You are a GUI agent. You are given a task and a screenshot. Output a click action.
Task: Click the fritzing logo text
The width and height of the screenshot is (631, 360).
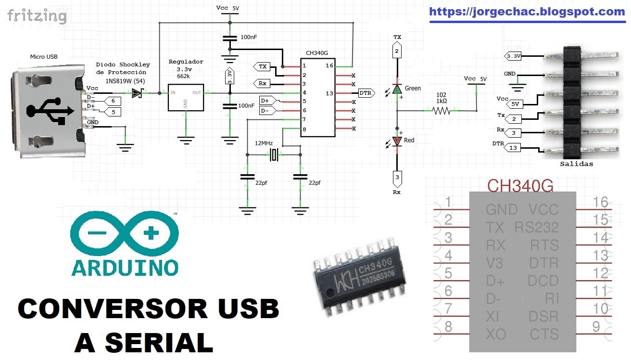(x=37, y=16)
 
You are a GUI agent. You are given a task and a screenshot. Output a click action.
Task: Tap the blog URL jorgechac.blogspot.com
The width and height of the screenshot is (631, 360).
(x=527, y=12)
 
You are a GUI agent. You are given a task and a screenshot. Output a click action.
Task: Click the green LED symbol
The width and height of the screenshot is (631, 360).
(x=397, y=89)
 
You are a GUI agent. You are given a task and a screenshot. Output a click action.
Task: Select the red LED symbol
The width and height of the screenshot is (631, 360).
(x=397, y=141)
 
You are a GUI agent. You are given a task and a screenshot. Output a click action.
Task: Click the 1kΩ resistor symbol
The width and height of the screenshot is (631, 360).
(x=441, y=111)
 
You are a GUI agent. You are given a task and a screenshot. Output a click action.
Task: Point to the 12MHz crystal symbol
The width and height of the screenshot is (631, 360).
(x=274, y=154)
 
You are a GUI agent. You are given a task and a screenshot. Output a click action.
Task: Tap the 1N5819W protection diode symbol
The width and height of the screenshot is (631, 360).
(x=138, y=92)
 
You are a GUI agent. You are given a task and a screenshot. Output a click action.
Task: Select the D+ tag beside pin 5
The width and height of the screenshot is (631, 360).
(x=266, y=101)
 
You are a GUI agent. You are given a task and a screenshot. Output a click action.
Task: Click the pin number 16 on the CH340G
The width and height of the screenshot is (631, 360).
(x=329, y=65)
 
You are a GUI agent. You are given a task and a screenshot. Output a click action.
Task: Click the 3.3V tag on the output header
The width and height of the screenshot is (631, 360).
(x=514, y=56)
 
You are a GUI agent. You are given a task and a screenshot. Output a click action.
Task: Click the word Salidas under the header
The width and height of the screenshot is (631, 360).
(x=576, y=164)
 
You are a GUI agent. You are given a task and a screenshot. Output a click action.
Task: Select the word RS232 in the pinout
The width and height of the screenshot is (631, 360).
(x=536, y=227)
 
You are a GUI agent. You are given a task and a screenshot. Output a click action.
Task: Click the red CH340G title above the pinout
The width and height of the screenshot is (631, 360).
(x=520, y=185)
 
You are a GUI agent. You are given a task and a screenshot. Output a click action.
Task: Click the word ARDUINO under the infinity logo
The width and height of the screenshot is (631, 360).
(x=125, y=267)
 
